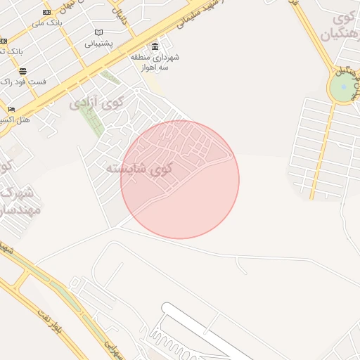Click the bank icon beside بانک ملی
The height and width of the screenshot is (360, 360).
coord(47,12)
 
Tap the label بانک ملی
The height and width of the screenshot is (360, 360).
coord(47,22)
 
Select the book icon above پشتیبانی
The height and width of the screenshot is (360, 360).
coord(99,32)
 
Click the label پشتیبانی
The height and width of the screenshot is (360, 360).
coord(99,44)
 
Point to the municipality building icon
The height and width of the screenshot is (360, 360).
coord(155,46)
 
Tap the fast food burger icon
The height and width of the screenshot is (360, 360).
coord(23,71)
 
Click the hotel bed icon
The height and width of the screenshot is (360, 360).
coord(11,109)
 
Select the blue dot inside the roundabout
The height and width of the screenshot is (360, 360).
coord(343,86)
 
